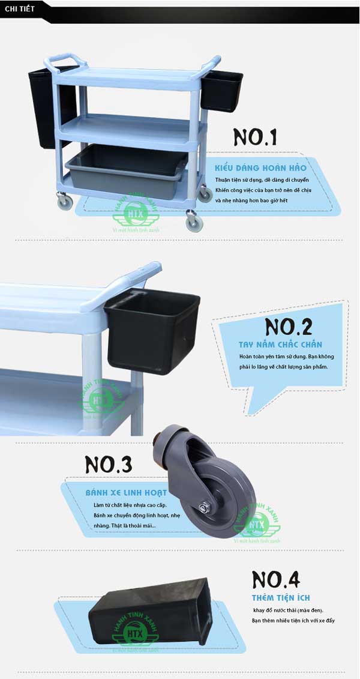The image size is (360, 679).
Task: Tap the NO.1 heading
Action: [x=255, y=137]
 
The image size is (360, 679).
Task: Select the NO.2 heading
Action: [x=288, y=327]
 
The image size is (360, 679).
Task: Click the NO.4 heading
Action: [x=275, y=579]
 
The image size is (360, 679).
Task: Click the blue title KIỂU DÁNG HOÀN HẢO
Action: [x=260, y=168]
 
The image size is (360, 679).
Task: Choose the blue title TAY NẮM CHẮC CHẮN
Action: [x=280, y=345]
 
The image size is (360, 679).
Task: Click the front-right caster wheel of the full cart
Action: [x=194, y=223]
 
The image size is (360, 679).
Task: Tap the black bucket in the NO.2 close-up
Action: [x=151, y=330]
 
